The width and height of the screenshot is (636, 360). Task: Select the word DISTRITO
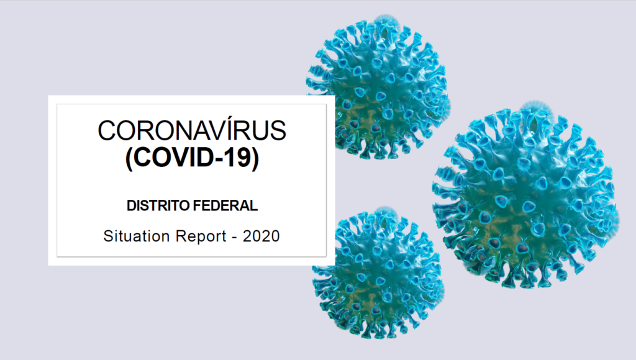pyautogui.click(x=158, y=205)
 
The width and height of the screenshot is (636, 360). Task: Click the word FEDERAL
pyautogui.click(x=225, y=205)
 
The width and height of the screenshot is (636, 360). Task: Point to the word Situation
pyautogui.click(x=136, y=236)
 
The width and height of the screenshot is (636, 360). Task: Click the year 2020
pyautogui.click(x=261, y=236)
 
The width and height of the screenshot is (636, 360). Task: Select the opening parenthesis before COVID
pyautogui.click(x=129, y=158)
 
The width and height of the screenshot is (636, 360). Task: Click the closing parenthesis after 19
pyautogui.click(x=255, y=158)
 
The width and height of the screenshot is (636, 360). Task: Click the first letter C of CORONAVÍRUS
pyautogui.click(x=107, y=130)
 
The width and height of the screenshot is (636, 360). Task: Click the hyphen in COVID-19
pyautogui.click(x=220, y=159)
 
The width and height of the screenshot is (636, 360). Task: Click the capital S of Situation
pyautogui.click(x=108, y=236)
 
